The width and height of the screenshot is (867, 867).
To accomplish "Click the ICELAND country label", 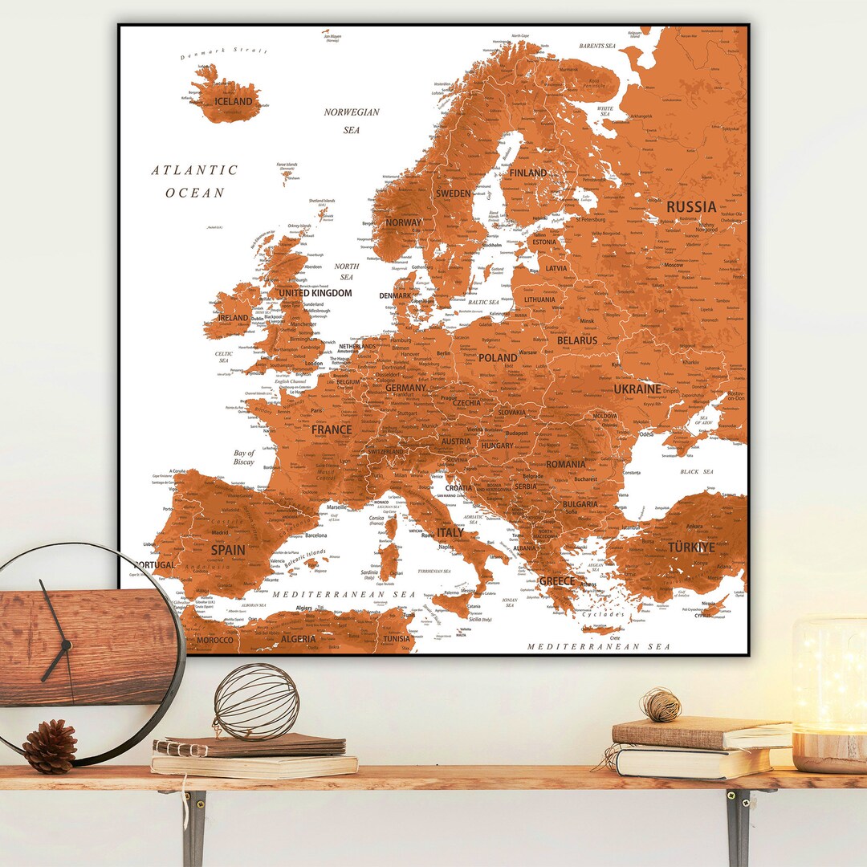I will click(x=234, y=102).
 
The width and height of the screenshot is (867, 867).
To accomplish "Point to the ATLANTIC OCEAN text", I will click(x=195, y=181).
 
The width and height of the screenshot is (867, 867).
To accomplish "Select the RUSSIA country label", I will click(x=691, y=206).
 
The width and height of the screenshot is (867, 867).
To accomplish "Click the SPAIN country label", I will click(x=228, y=551).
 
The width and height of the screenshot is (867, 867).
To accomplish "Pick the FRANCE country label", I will click(x=332, y=429).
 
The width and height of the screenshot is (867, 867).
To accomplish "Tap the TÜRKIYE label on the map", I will click(x=691, y=547).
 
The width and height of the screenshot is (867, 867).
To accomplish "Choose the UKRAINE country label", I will click(x=637, y=389).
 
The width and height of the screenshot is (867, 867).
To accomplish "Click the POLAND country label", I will click(x=498, y=358).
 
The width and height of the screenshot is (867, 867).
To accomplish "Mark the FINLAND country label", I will click(x=527, y=173).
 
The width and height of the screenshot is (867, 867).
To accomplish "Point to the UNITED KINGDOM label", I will click(x=315, y=293).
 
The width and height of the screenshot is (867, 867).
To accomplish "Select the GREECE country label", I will click(x=557, y=581).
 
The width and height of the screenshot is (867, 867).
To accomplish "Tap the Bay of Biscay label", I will click(x=244, y=458).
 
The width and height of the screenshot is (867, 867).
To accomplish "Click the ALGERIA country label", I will click(x=298, y=640).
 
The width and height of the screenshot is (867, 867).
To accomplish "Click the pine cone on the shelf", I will click(x=50, y=746).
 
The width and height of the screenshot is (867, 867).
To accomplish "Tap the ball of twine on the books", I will click(x=661, y=705).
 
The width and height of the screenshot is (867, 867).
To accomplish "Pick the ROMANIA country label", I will click(x=566, y=464).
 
